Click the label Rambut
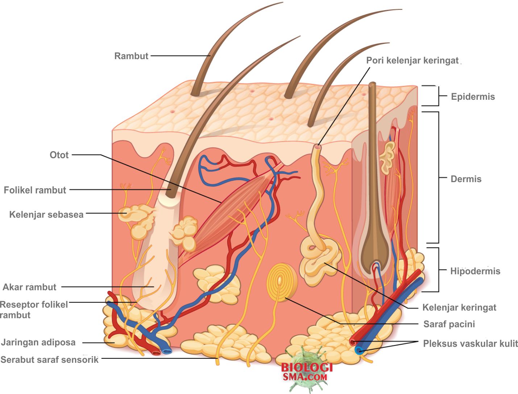tap(131, 56)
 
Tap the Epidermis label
tap(473, 97)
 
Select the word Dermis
tap(466, 179)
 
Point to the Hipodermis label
tap(475, 271)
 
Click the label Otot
tap(59, 155)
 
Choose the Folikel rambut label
tap(35, 190)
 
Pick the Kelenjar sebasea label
tap(46, 214)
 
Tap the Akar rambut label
tap(30, 287)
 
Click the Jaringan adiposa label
tap(38, 342)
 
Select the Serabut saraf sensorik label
tap(50, 360)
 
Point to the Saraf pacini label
tap(449, 324)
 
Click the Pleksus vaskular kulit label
tap(470, 344)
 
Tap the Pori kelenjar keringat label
tap(412, 60)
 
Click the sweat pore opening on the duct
tap(318, 147)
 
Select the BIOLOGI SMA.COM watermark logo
tap(307, 372)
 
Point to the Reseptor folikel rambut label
tap(33, 309)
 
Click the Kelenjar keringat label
tap(459, 308)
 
